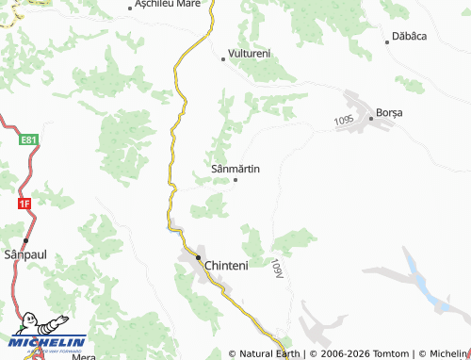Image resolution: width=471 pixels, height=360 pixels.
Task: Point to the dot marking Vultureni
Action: tap(223, 58)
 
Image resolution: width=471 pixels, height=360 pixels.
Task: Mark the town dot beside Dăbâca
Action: tap(387, 41)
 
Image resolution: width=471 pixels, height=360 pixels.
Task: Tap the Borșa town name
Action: tap(389, 112)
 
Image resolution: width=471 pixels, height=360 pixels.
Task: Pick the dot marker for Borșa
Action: tap(371, 108)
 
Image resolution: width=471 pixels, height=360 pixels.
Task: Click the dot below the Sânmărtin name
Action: tap(235, 179)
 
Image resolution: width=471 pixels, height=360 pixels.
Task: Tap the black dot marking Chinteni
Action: tap(199, 257)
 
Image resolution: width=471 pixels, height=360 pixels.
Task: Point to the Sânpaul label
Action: tap(24, 255)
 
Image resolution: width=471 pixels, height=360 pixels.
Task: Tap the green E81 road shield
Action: tap(29, 140)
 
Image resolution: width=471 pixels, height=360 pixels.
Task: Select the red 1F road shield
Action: tap(24, 202)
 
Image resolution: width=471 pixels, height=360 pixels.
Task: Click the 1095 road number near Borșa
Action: tap(343, 121)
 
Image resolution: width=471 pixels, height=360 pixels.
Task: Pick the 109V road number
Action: tap(276, 268)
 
